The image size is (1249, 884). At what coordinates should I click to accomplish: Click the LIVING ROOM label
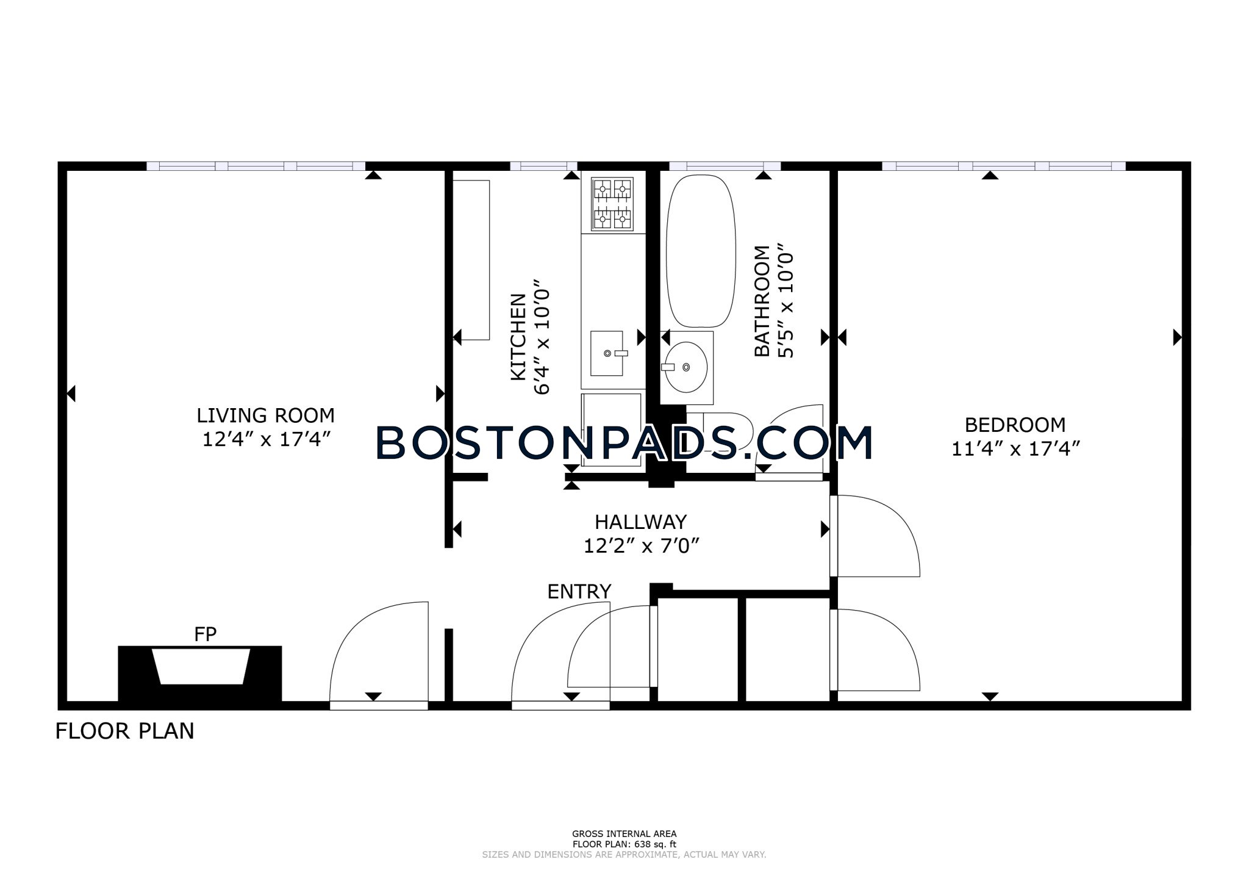(x=265, y=415)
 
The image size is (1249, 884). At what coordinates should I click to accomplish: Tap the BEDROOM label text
(x=1015, y=425)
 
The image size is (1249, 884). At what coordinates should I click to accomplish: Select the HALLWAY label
(x=641, y=522)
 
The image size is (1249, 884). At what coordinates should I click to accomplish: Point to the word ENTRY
(x=579, y=592)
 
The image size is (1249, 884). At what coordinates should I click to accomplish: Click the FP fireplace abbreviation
(x=206, y=634)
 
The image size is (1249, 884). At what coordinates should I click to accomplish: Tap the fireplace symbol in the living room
(x=200, y=674)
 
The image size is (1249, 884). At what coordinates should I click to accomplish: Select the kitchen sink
(x=607, y=354)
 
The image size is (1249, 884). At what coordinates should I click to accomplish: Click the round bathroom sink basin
(x=686, y=367)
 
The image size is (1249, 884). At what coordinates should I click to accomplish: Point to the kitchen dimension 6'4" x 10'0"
(x=542, y=337)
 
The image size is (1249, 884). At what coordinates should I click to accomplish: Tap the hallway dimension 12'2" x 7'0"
(x=641, y=545)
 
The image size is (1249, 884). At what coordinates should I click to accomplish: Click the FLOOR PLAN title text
(x=125, y=731)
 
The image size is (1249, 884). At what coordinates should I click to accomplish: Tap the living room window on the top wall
(x=256, y=166)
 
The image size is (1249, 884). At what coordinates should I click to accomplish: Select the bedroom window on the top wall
(x=1004, y=166)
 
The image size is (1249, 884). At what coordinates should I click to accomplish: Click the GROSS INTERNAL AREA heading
(x=624, y=834)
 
